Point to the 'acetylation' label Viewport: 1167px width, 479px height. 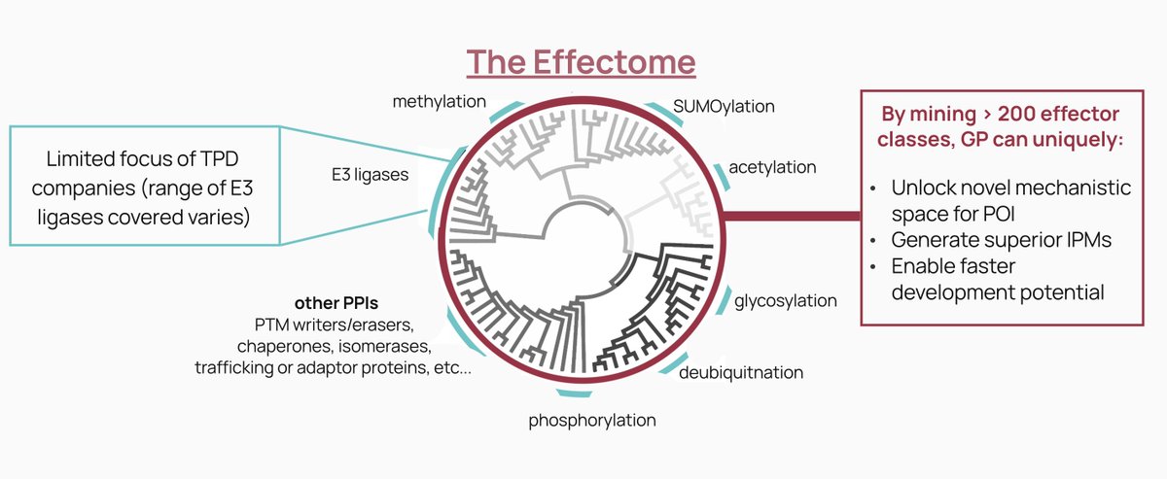(773, 167)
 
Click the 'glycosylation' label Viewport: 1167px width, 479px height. (786, 300)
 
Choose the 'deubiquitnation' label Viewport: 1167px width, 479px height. (741, 372)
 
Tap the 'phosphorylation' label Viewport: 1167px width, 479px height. (591, 420)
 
